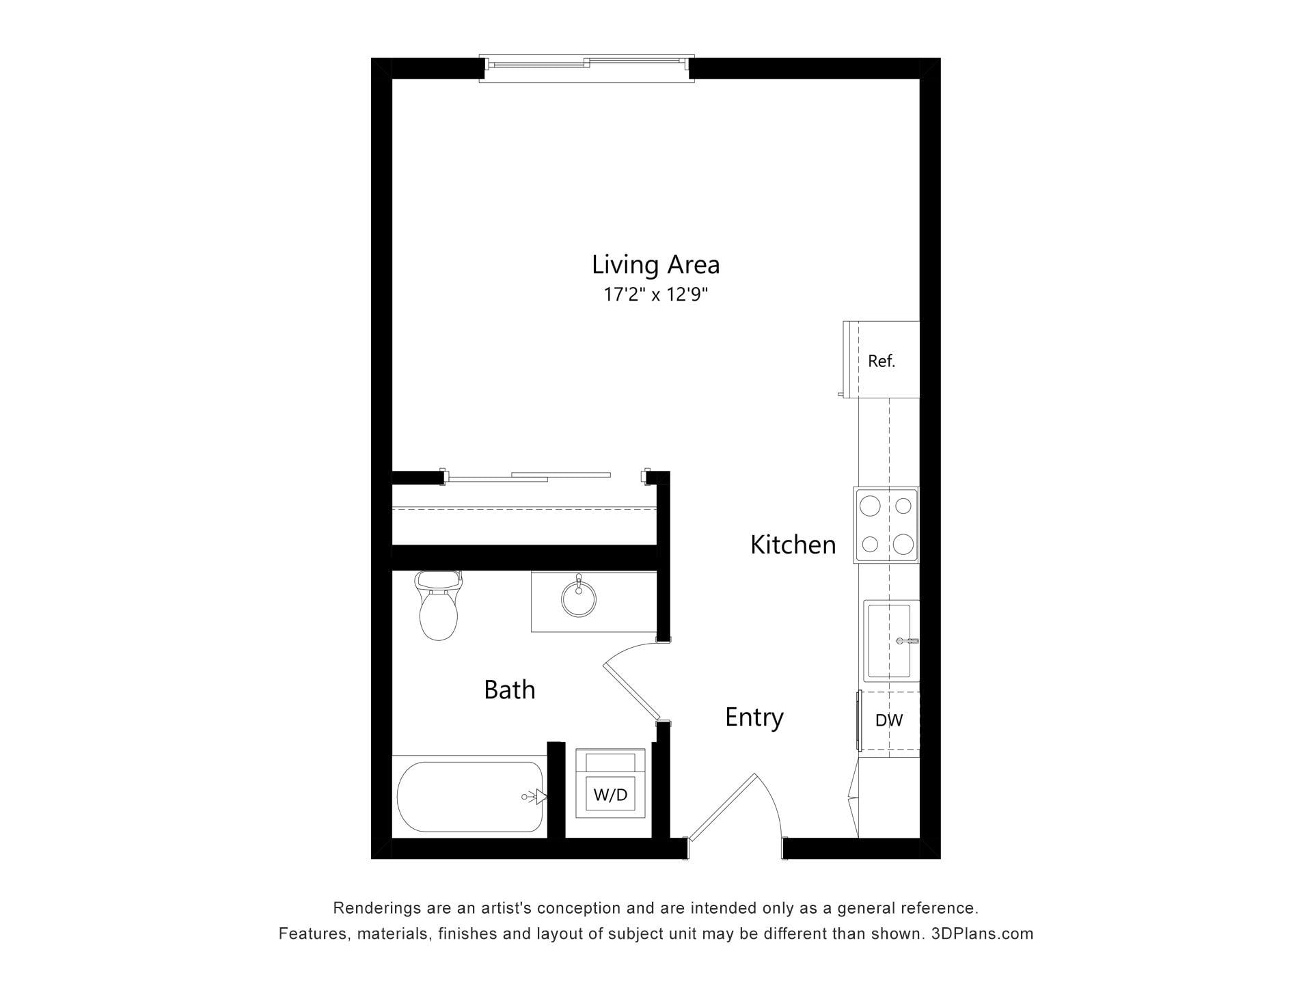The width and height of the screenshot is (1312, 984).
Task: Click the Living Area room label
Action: click(655, 265)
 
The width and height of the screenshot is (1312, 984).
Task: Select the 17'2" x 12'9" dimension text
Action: click(655, 295)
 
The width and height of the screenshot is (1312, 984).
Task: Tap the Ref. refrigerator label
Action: click(881, 361)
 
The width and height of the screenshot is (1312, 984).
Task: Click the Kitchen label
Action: click(793, 545)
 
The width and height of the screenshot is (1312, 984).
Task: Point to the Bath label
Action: click(510, 689)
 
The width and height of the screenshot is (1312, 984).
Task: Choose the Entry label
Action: click(754, 717)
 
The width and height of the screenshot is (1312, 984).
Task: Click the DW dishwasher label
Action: click(889, 720)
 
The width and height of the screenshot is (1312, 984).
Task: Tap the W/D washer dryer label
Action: click(610, 795)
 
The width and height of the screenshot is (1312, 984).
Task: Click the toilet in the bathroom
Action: click(438, 605)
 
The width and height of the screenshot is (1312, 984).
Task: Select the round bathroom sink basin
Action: click(579, 599)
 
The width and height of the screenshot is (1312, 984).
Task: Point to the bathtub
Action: click(470, 797)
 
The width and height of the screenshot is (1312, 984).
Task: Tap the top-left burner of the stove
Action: click(870, 506)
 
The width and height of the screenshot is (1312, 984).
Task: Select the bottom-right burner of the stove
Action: click(903, 544)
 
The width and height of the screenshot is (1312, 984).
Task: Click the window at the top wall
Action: click(586, 68)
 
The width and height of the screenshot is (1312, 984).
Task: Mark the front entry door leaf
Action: click(722, 806)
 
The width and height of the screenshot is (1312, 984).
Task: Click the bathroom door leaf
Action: click(631, 691)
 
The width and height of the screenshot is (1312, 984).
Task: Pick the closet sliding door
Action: click(528, 477)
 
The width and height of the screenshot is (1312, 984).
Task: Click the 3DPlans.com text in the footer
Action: click(983, 933)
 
